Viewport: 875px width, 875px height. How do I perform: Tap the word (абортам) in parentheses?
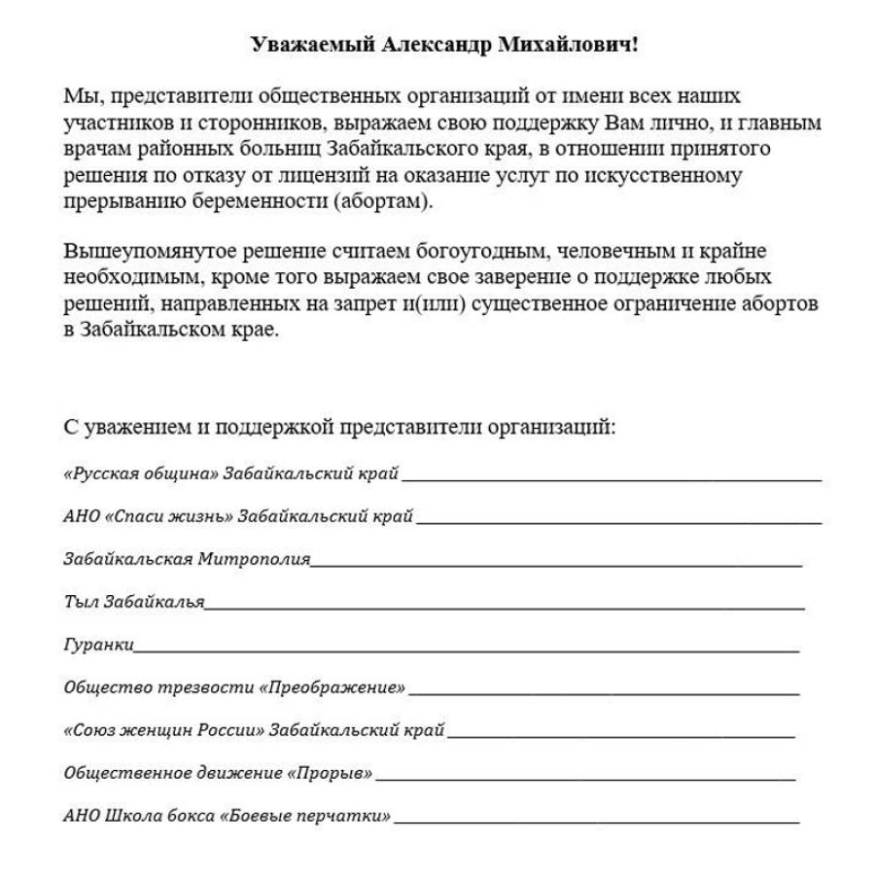tap(385, 202)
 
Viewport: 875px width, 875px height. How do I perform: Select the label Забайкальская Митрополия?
tap(187, 559)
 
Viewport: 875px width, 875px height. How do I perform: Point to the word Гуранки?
tap(98, 644)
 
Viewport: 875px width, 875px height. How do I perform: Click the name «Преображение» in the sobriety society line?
tap(332, 687)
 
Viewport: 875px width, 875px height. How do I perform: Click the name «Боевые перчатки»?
tap(306, 816)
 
